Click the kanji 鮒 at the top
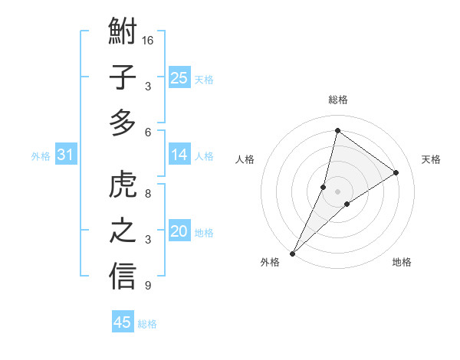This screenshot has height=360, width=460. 123,33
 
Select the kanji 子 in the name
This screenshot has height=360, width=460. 123,78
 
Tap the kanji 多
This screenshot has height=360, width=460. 123,123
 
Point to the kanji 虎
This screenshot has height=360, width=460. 123,185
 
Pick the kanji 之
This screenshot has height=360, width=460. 123,231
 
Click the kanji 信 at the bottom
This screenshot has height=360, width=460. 123,277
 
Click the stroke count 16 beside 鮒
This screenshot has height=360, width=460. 148,40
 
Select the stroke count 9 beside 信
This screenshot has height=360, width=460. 147,286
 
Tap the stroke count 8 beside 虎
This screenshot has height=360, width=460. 147,194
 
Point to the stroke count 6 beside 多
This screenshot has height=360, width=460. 147,132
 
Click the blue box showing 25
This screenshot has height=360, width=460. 179,77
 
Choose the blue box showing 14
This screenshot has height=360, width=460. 179,155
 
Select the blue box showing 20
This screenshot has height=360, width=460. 179,231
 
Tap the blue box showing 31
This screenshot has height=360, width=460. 66,155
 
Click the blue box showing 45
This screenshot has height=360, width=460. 122,322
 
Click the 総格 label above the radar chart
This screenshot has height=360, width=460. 337,100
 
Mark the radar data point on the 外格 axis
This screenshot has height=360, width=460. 292,254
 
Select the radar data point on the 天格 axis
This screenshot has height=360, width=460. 396,173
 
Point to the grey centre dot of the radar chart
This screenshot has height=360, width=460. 337,191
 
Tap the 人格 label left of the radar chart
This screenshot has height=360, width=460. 245,159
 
